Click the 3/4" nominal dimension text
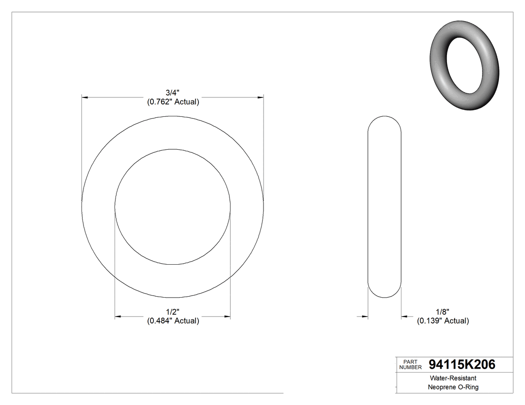pos(172,92)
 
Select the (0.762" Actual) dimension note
pos(173,102)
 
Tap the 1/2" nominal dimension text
pos(172,312)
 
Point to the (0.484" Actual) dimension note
pos(173,321)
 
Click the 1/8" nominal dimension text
pos(442,312)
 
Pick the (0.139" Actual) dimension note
pos(443,321)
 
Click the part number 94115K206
pos(462,365)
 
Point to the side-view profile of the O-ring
pos(384,207)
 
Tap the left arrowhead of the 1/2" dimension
pos(118,317)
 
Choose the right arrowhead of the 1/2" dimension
pos(227,317)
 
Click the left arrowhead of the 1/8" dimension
pos(365,317)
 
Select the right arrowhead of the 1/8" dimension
pos(404,317)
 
